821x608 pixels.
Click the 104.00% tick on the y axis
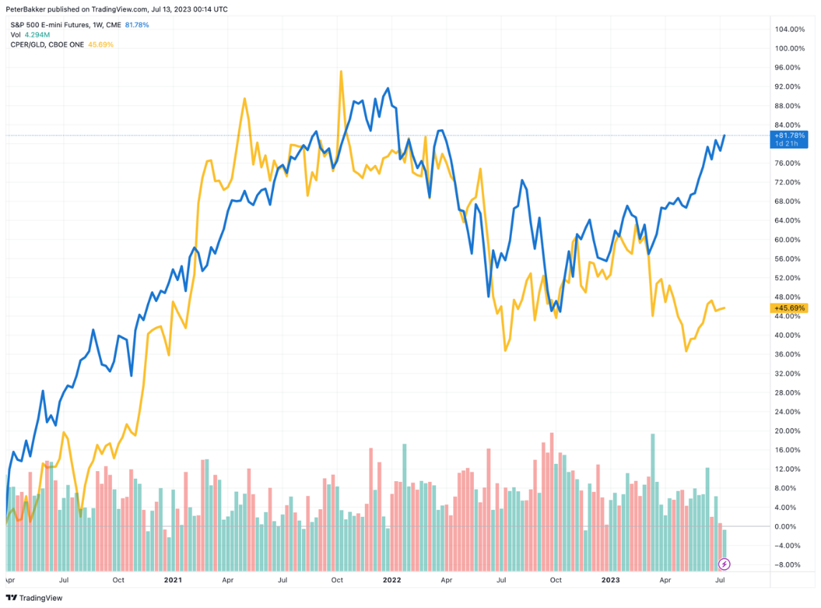tap(789, 29)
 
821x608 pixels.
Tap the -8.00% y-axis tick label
tap(787, 564)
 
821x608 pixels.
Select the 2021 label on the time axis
tap(172, 579)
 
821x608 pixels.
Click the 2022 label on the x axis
tap(391, 579)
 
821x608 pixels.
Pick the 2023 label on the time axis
tap(610, 579)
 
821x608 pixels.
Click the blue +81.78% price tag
tap(789, 135)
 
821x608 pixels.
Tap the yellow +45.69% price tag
tap(789, 308)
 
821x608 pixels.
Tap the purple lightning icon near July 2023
tap(724, 564)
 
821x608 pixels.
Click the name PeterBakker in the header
tap(25, 9)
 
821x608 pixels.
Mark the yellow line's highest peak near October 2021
tap(341, 71)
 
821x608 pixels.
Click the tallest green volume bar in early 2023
tap(652, 434)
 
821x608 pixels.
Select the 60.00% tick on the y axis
tap(787, 239)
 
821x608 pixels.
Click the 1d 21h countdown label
tap(789, 143)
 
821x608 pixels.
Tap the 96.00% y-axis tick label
tap(787, 67)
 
